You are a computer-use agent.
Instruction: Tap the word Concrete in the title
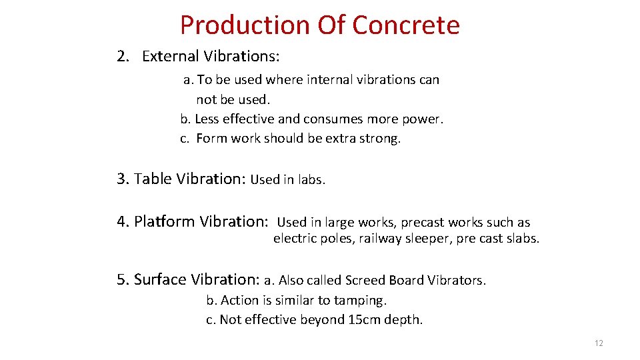click(x=405, y=25)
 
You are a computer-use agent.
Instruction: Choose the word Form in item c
click(x=211, y=139)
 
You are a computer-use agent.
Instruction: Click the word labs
click(x=311, y=180)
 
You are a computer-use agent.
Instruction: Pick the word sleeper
click(x=431, y=239)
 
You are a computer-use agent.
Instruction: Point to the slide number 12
click(x=598, y=343)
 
